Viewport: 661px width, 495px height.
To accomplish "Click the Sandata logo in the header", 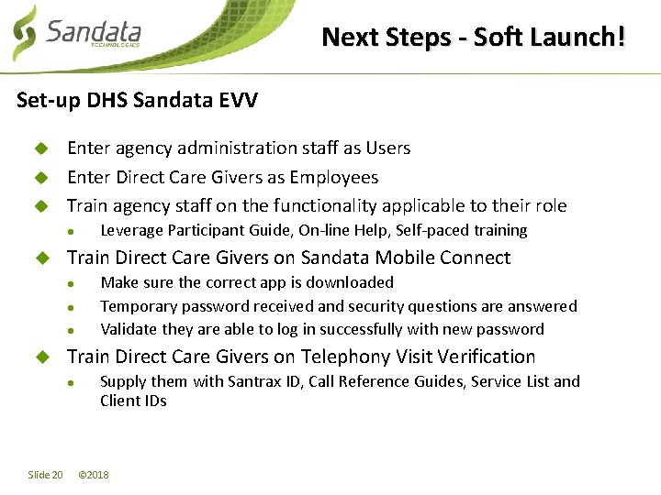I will coord(78,35).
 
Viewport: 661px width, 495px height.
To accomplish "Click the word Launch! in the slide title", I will coord(581,38).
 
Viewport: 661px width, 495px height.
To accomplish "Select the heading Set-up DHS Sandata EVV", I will coord(137,99).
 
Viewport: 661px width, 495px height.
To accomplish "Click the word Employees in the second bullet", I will coord(334,177).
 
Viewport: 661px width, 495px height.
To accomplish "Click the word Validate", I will coord(129,329).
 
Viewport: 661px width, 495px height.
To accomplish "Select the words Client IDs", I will coord(133,401).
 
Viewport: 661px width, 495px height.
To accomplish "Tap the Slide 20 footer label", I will coord(45,475).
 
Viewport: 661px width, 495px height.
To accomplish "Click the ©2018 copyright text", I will coord(94,475).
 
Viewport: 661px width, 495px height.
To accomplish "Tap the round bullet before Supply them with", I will coord(72,382).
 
